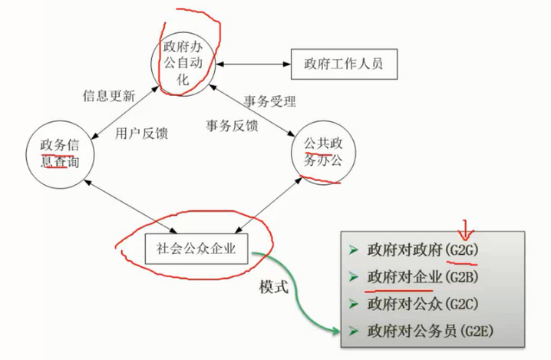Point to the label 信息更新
pyautogui.click(x=108, y=97)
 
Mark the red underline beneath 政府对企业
pyautogui.click(x=399, y=290)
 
